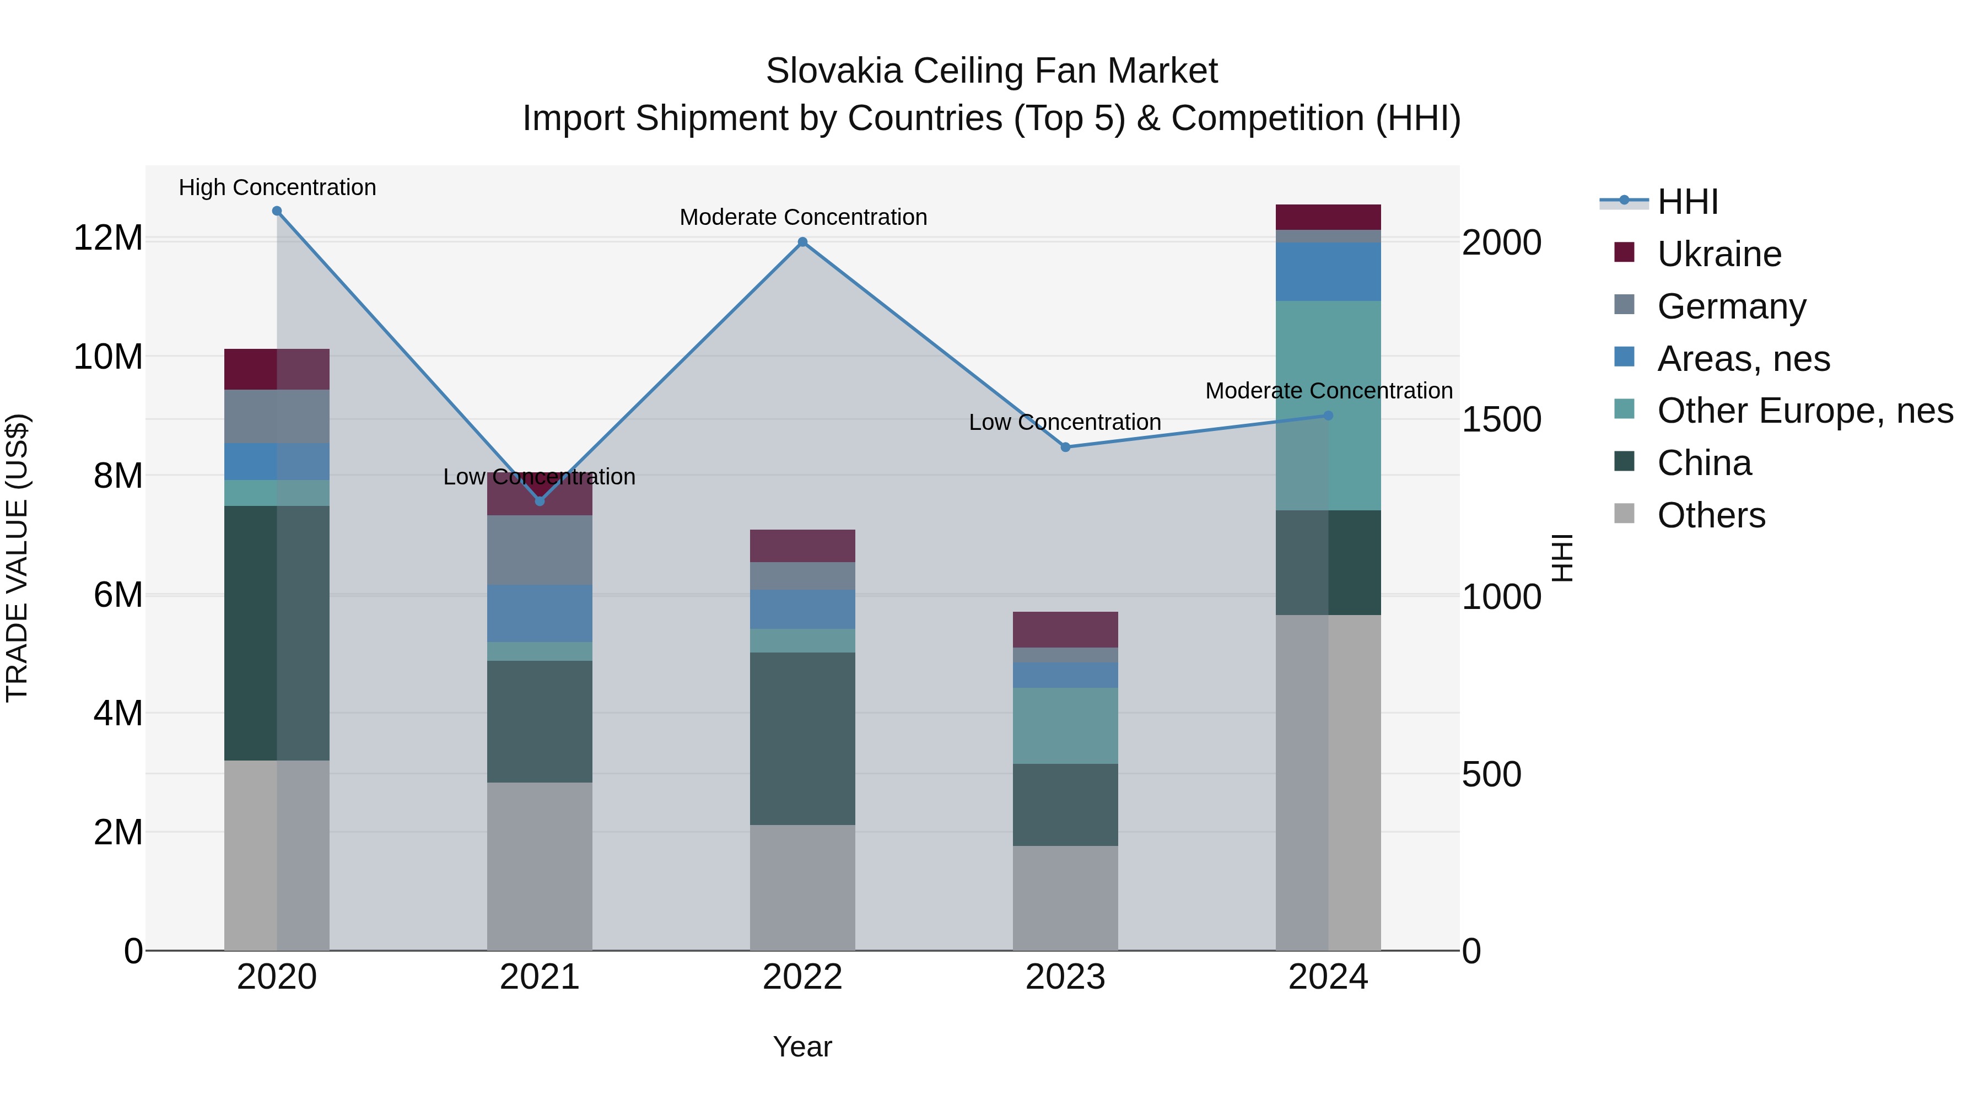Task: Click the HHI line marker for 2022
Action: [802, 242]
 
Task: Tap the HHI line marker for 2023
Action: [1065, 447]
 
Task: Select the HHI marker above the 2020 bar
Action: [277, 211]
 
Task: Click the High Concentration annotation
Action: [277, 187]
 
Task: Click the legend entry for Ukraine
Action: [1719, 254]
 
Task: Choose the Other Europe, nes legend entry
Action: [1804, 411]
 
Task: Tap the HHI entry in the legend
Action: [1688, 202]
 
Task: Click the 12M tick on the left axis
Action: [108, 238]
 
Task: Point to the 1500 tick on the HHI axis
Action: [1501, 420]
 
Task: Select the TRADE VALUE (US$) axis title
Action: [17, 558]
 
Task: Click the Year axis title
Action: [802, 1047]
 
